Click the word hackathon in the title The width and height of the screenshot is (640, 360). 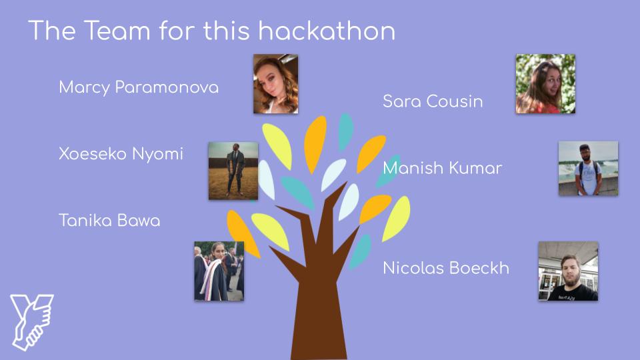327,31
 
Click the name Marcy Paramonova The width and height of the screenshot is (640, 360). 139,87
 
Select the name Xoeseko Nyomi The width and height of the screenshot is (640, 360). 121,154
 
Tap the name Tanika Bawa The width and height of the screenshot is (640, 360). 109,221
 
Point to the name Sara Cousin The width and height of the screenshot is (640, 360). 433,101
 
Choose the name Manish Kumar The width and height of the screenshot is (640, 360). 443,168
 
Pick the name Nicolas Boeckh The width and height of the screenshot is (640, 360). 446,268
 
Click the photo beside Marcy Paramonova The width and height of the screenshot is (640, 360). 275,84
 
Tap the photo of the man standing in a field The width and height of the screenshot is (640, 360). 233,171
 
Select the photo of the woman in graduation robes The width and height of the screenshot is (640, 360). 219,271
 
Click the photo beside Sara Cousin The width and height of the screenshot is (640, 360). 545,84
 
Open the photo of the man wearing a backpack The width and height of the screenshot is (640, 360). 588,168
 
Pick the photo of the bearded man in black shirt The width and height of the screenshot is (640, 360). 568,271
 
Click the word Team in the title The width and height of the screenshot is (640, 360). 117,31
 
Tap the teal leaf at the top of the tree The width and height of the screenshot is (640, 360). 345,132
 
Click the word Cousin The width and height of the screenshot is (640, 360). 455,101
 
